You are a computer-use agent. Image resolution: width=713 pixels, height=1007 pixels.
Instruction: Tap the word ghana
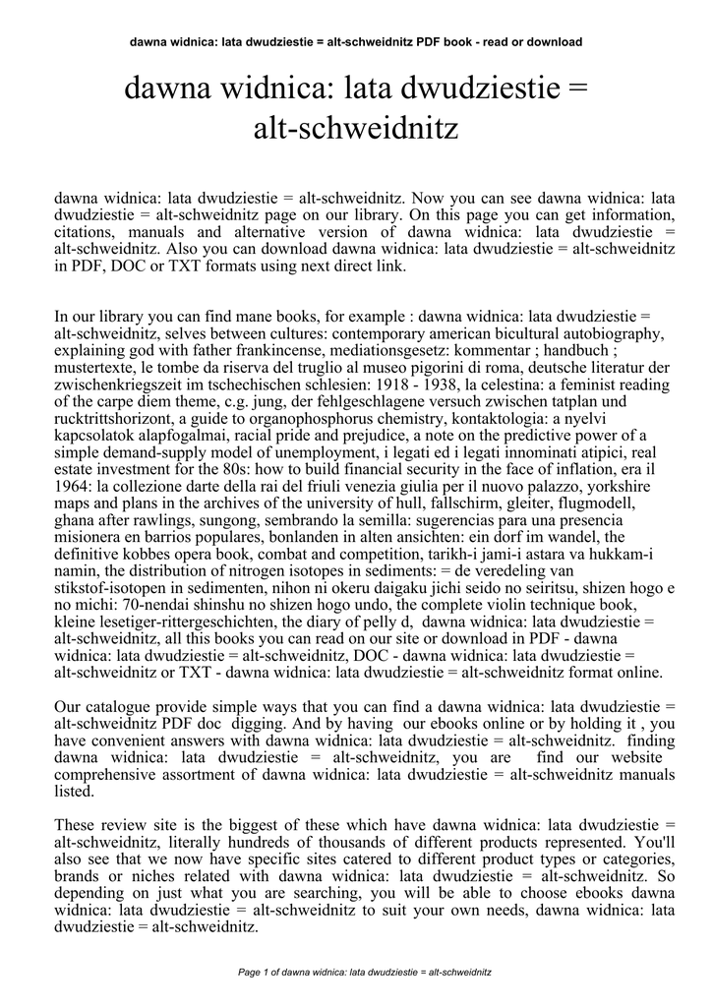coord(76,520)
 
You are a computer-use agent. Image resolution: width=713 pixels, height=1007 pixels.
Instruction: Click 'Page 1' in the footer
coord(259,973)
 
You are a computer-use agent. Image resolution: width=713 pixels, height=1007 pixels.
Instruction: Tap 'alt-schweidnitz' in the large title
coord(356,129)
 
